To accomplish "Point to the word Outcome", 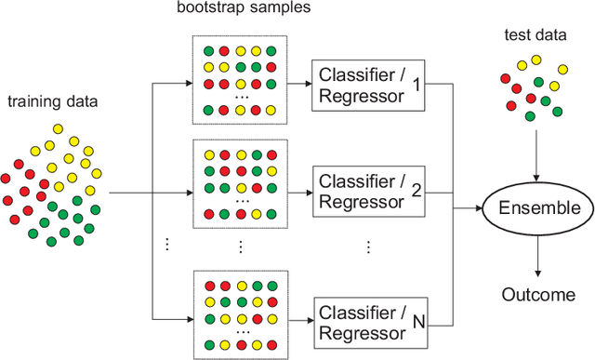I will (538, 295).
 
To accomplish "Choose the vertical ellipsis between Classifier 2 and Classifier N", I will (368, 247).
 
